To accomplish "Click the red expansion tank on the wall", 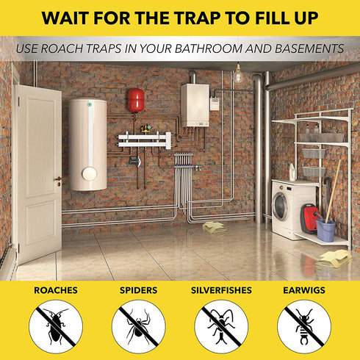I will (x=136, y=101).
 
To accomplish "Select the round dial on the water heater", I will (x=88, y=174).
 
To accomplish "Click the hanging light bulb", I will (x=237, y=75).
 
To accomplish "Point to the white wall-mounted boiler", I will (x=195, y=104).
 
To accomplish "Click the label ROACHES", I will (x=55, y=291).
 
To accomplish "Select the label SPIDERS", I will (x=138, y=291).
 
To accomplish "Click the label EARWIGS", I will (x=304, y=291).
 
